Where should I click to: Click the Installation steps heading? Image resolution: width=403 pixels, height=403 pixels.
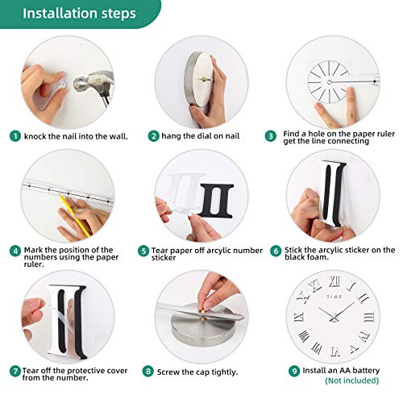click(79, 13)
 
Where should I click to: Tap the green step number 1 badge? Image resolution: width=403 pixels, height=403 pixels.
click(15, 136)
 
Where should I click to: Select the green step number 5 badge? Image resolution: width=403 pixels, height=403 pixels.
click(143, 251)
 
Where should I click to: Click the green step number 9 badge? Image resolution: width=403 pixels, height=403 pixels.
click(294, 371)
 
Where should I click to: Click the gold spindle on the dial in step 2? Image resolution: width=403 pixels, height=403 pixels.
click(206, 79)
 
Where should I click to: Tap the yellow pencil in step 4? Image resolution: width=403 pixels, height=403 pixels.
click(76, 216)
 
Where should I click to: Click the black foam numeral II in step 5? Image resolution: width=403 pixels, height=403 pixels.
click(216, 201)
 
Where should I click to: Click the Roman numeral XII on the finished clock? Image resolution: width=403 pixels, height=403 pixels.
click(334, 282)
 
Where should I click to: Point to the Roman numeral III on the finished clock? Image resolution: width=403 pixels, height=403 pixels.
click(369, 318)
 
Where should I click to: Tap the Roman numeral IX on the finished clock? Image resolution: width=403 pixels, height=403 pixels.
click(298, 317)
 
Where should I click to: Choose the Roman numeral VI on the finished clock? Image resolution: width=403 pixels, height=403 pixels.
click(335, 351)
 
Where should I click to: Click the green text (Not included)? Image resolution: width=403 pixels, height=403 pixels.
click(351, 380)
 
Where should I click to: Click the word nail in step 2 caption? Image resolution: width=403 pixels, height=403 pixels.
click(231, 136)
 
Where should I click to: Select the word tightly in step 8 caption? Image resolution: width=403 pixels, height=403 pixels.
click(225, 372)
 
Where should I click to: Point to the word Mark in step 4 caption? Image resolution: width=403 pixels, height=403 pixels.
click(33, 250)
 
